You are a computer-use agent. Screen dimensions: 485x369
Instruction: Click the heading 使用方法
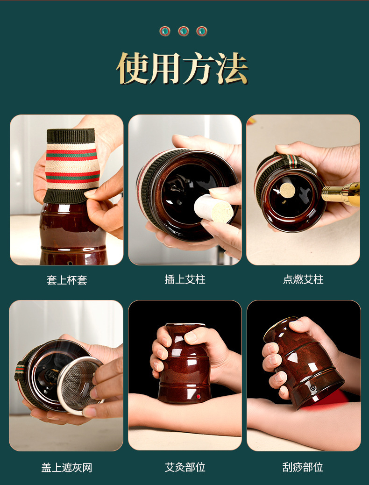pos(183,68)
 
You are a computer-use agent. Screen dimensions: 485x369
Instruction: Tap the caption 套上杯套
pos(67,280)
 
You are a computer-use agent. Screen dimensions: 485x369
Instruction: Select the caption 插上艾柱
pos(185,279)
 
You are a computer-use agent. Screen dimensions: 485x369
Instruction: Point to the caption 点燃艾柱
pos(303,279)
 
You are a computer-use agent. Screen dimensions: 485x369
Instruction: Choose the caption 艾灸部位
pos(185,467)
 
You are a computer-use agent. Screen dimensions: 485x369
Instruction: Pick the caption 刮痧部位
pos(303,467)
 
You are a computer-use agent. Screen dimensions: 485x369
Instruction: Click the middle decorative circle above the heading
pos(184,31)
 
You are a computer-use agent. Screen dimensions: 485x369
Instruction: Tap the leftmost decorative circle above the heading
pos(165,31)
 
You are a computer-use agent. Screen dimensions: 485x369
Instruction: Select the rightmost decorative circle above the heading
pos(202,31)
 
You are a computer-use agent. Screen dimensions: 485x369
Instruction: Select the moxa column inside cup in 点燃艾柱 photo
pos(288,190)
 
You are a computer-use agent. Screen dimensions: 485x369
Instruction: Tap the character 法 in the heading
pos(231,68)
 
